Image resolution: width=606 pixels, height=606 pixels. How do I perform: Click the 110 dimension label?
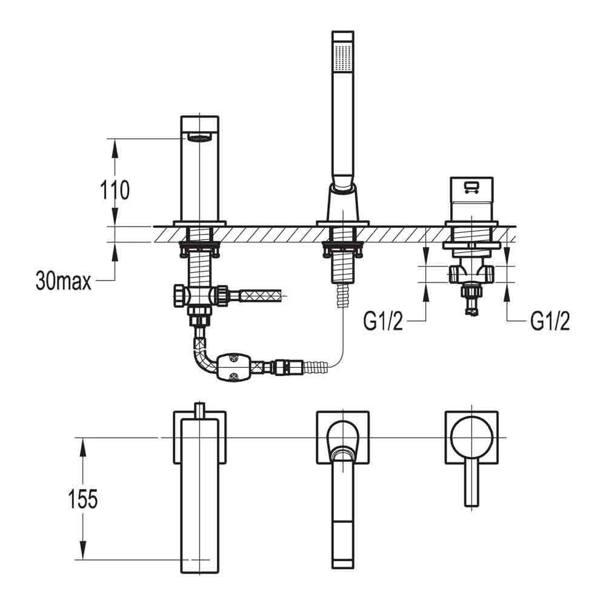click(114, 190)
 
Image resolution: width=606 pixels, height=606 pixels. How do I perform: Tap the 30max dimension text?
click(64, 281)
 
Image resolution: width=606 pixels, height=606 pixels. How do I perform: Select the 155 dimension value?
click(84, 500)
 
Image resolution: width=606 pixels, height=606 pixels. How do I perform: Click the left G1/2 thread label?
click(383, 322)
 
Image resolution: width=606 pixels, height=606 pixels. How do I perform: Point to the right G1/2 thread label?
click(550, 322)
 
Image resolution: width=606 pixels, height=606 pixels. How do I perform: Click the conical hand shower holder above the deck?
click(343, 203)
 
